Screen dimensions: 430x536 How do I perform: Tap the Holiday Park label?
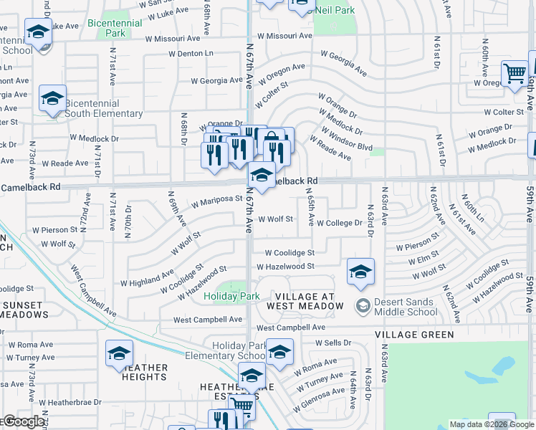[x=231, y=296]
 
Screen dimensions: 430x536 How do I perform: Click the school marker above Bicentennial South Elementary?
[x=52, y=99]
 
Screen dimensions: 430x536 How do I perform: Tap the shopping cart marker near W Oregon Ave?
[x=514, y=73]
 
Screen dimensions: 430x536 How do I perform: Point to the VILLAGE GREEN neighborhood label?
[x=414, y=335]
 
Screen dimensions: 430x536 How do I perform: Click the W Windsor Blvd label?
[x=347, y=139]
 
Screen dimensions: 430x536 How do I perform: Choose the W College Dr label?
[x=339, y=223]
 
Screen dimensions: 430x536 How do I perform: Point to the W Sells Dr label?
[x=333, y=343]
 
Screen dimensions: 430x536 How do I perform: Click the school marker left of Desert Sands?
[x=360, y=271]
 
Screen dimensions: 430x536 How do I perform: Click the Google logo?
[x=23, y=421]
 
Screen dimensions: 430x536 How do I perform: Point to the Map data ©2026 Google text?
[x=492, y=424]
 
